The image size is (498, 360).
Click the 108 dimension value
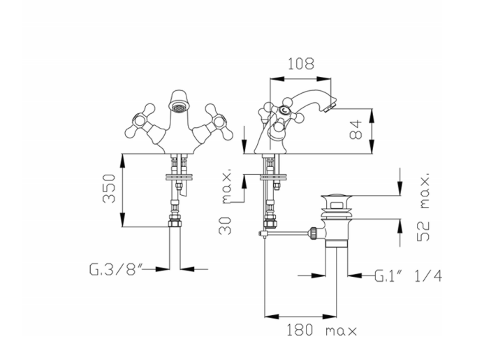(300, 64)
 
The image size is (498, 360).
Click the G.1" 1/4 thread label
(408, 275)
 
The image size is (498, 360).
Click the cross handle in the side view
(273, 115)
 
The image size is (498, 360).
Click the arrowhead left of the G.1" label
(353, 275)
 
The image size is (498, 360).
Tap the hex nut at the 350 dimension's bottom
(176, 225)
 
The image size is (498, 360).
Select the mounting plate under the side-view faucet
(270, 175)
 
